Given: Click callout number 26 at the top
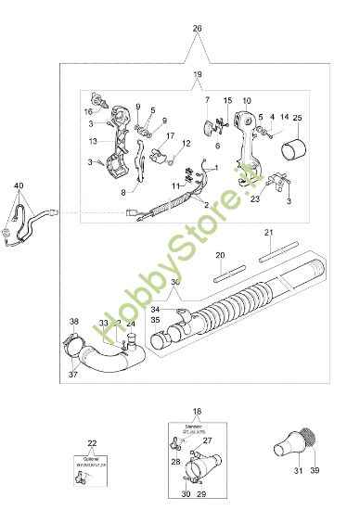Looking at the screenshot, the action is point(197,29).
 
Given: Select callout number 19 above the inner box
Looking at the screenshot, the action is point(197,73).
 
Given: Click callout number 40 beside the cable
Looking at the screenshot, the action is point(19,186).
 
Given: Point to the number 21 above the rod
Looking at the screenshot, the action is point(268,232).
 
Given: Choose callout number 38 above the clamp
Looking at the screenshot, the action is point(74,322).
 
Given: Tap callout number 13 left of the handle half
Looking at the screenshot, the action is point(93,141).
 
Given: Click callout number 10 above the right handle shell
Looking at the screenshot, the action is point(247,100).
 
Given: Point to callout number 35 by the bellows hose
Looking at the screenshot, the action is point(155,319).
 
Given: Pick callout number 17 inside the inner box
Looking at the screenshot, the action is point(170,135).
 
